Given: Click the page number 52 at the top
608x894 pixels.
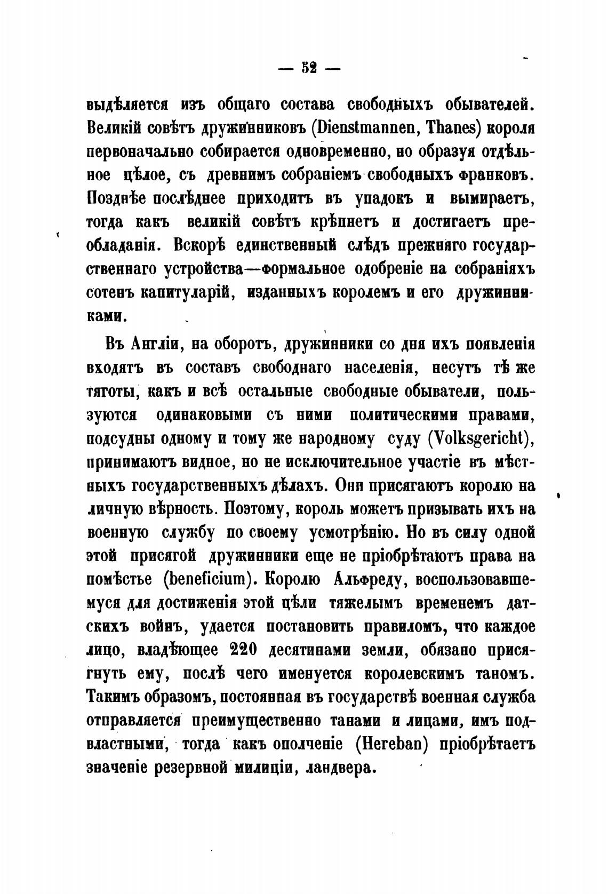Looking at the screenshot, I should click(x=309, y=69).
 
